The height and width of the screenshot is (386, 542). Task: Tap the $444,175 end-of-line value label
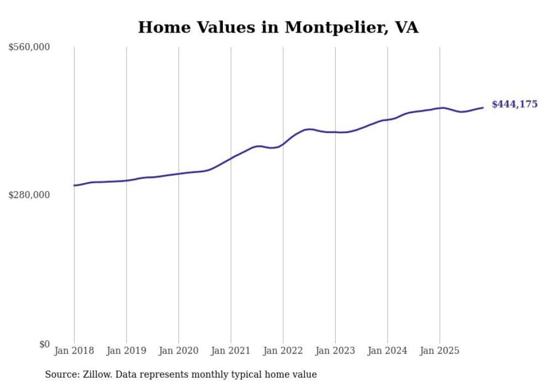514,104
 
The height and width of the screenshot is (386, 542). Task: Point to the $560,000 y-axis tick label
29,47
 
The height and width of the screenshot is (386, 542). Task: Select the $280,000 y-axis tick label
29,195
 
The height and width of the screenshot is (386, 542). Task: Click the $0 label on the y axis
44,344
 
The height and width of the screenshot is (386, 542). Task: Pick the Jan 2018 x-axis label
74,351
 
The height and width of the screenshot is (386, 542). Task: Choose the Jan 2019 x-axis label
126,351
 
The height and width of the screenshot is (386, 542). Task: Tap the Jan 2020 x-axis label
179,351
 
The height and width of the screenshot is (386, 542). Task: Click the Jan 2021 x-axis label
231,351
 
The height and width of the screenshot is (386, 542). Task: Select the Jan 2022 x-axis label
283,351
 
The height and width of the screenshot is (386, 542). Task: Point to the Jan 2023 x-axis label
335,351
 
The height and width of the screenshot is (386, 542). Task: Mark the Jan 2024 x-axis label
387,351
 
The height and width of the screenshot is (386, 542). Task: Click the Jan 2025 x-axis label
440,351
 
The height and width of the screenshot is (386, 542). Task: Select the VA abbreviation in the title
406,27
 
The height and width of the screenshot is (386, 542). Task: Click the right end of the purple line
483,108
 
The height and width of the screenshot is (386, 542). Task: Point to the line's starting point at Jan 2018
74,186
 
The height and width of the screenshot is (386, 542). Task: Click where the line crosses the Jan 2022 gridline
283,144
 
